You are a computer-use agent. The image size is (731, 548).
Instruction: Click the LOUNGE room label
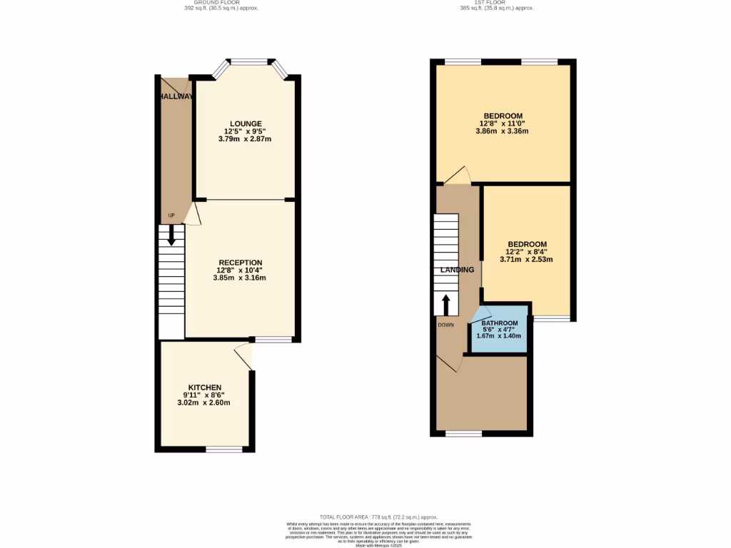245,123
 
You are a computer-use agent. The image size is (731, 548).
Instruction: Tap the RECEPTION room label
240,262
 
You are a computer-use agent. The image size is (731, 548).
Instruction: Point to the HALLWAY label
176,96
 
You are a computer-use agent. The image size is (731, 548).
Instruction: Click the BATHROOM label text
500,323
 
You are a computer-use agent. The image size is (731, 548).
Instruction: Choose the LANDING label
457,270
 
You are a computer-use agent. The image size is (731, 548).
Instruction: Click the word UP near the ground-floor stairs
171,215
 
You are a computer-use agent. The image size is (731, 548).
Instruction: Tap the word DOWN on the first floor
446,325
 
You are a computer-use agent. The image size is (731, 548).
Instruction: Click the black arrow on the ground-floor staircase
171,236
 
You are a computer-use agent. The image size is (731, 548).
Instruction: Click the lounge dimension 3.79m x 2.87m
245,138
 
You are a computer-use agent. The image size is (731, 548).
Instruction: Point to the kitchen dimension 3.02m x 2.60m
204,402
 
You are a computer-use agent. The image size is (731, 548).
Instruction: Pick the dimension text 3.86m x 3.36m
503,131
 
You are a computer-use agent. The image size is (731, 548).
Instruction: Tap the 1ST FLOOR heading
497,3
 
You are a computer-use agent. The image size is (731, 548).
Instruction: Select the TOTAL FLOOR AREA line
379,517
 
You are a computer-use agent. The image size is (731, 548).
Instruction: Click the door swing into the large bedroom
458,176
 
